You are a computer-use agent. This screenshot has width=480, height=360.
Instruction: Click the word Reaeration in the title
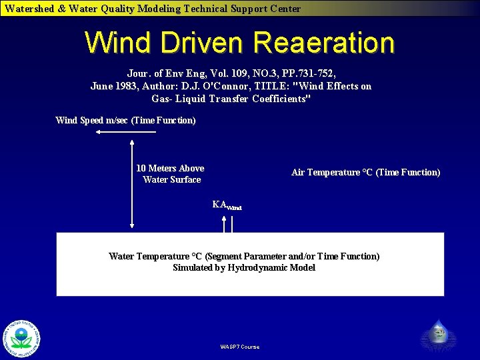coord(324,43)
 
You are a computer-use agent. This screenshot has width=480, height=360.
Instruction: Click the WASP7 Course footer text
coord(239,347)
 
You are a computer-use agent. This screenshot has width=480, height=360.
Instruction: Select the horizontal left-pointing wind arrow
coord(125,132)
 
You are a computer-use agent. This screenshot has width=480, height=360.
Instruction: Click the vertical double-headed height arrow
coord(133,184)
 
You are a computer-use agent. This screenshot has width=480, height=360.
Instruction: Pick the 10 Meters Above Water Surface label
coord(170,174)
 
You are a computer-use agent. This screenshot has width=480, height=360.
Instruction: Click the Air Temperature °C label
coord(365,173)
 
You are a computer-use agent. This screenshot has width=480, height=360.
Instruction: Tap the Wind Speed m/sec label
coord(125,121)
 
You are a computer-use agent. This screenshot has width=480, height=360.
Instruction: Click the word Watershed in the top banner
coord(28,9)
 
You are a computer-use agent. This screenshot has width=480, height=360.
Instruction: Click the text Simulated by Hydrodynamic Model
coord(243,268)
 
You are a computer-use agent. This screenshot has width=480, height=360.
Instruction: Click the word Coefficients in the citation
coord(279,99)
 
